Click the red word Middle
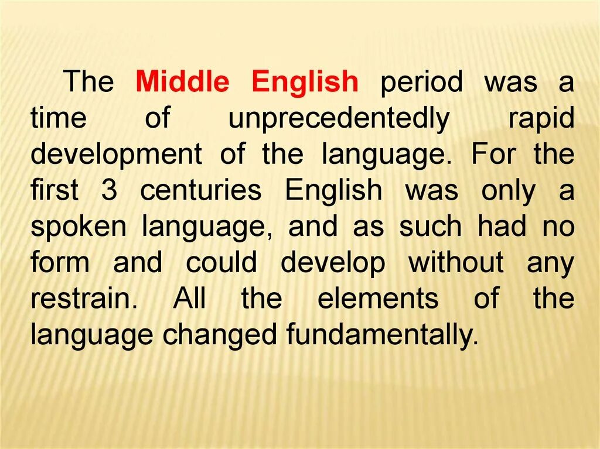pyautogui.click(x=182, y=83)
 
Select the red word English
pyautogui.click(x=305, y=83)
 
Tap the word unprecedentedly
pyautogui.click(x=339, y=119)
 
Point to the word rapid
pyautogui.click(x=541, y=119)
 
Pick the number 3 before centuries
pyautogui.click(x=109, y=191)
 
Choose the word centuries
pyautogui.click(x=201, y=191)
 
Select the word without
pyautogui.click(x=456, y=263)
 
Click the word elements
pyautogui.click(x=378, y=299)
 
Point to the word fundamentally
pyautogui.click(x=379, y=335)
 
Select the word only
pyautogui.click(x=508, y=191)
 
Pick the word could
pyautogui.click(x=221, y=263)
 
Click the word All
pyautogui.click(x=189, y=299)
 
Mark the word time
pyautogui.click(x=59, y=119)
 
